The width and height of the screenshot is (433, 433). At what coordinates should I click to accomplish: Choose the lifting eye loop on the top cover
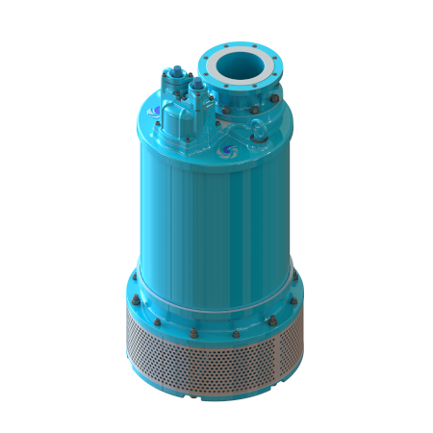tap(258, 138)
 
